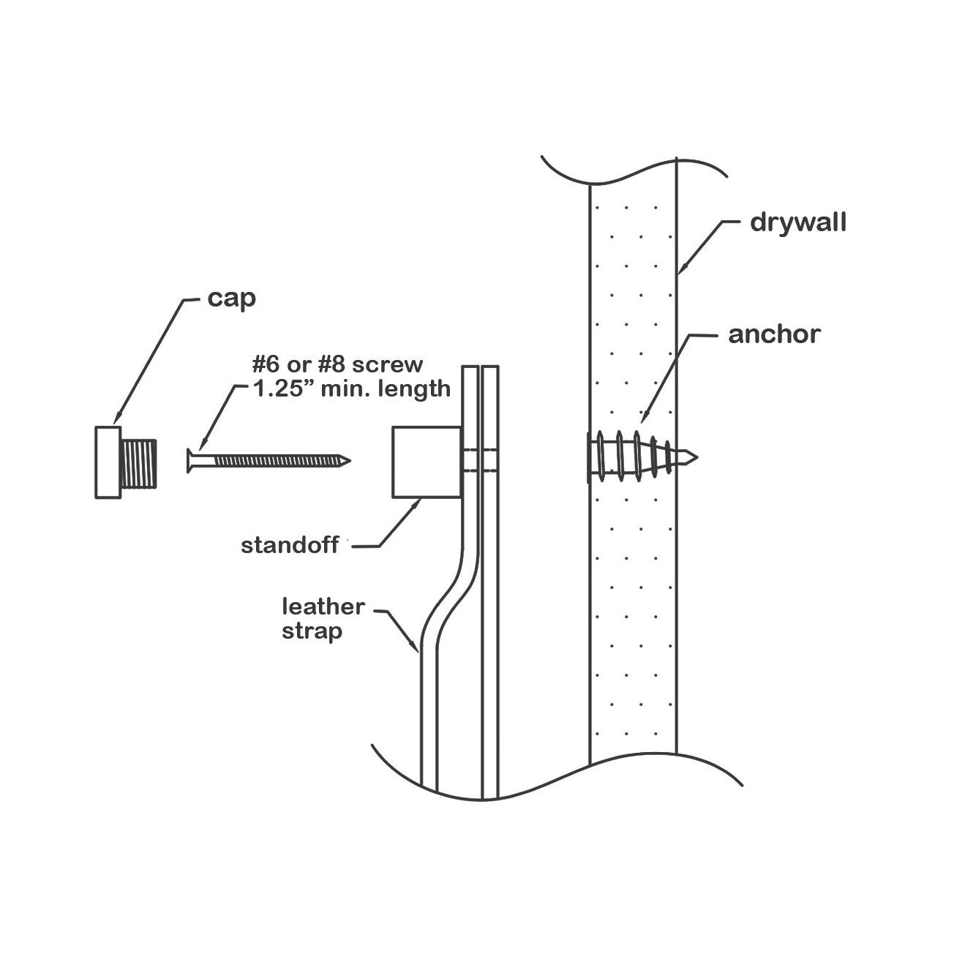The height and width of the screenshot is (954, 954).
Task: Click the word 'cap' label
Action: point(232,299)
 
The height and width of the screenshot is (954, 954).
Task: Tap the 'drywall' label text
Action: point(797,222)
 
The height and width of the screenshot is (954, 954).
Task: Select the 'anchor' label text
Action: point(774,334)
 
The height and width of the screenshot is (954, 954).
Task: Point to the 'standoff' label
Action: point(290,545)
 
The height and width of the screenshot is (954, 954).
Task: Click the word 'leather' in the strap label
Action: point(323,606)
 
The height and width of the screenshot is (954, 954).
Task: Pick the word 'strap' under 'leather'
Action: point(312,631)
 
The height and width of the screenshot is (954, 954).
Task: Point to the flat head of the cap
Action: point(108,462)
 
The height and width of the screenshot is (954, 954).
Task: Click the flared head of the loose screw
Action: point(191,460)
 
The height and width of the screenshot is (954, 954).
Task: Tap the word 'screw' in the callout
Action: point(393,364)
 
